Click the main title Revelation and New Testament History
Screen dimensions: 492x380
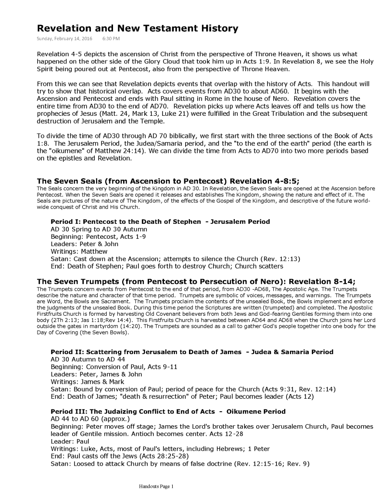(138, 29)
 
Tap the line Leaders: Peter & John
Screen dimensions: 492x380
(84, 244)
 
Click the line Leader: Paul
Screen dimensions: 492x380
(70, 441)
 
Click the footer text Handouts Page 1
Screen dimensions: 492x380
(156, 486)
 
